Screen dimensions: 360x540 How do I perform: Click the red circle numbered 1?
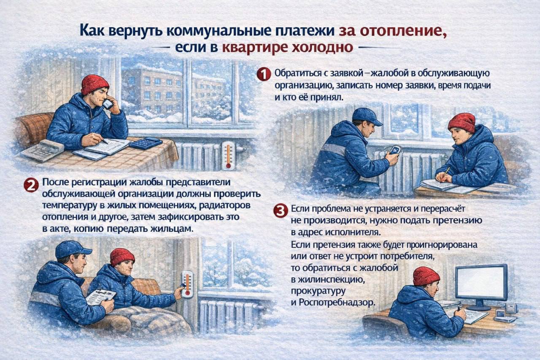point(263,75)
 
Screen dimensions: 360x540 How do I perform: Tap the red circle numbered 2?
point(30,185)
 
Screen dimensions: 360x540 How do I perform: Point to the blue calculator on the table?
point(146,143)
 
